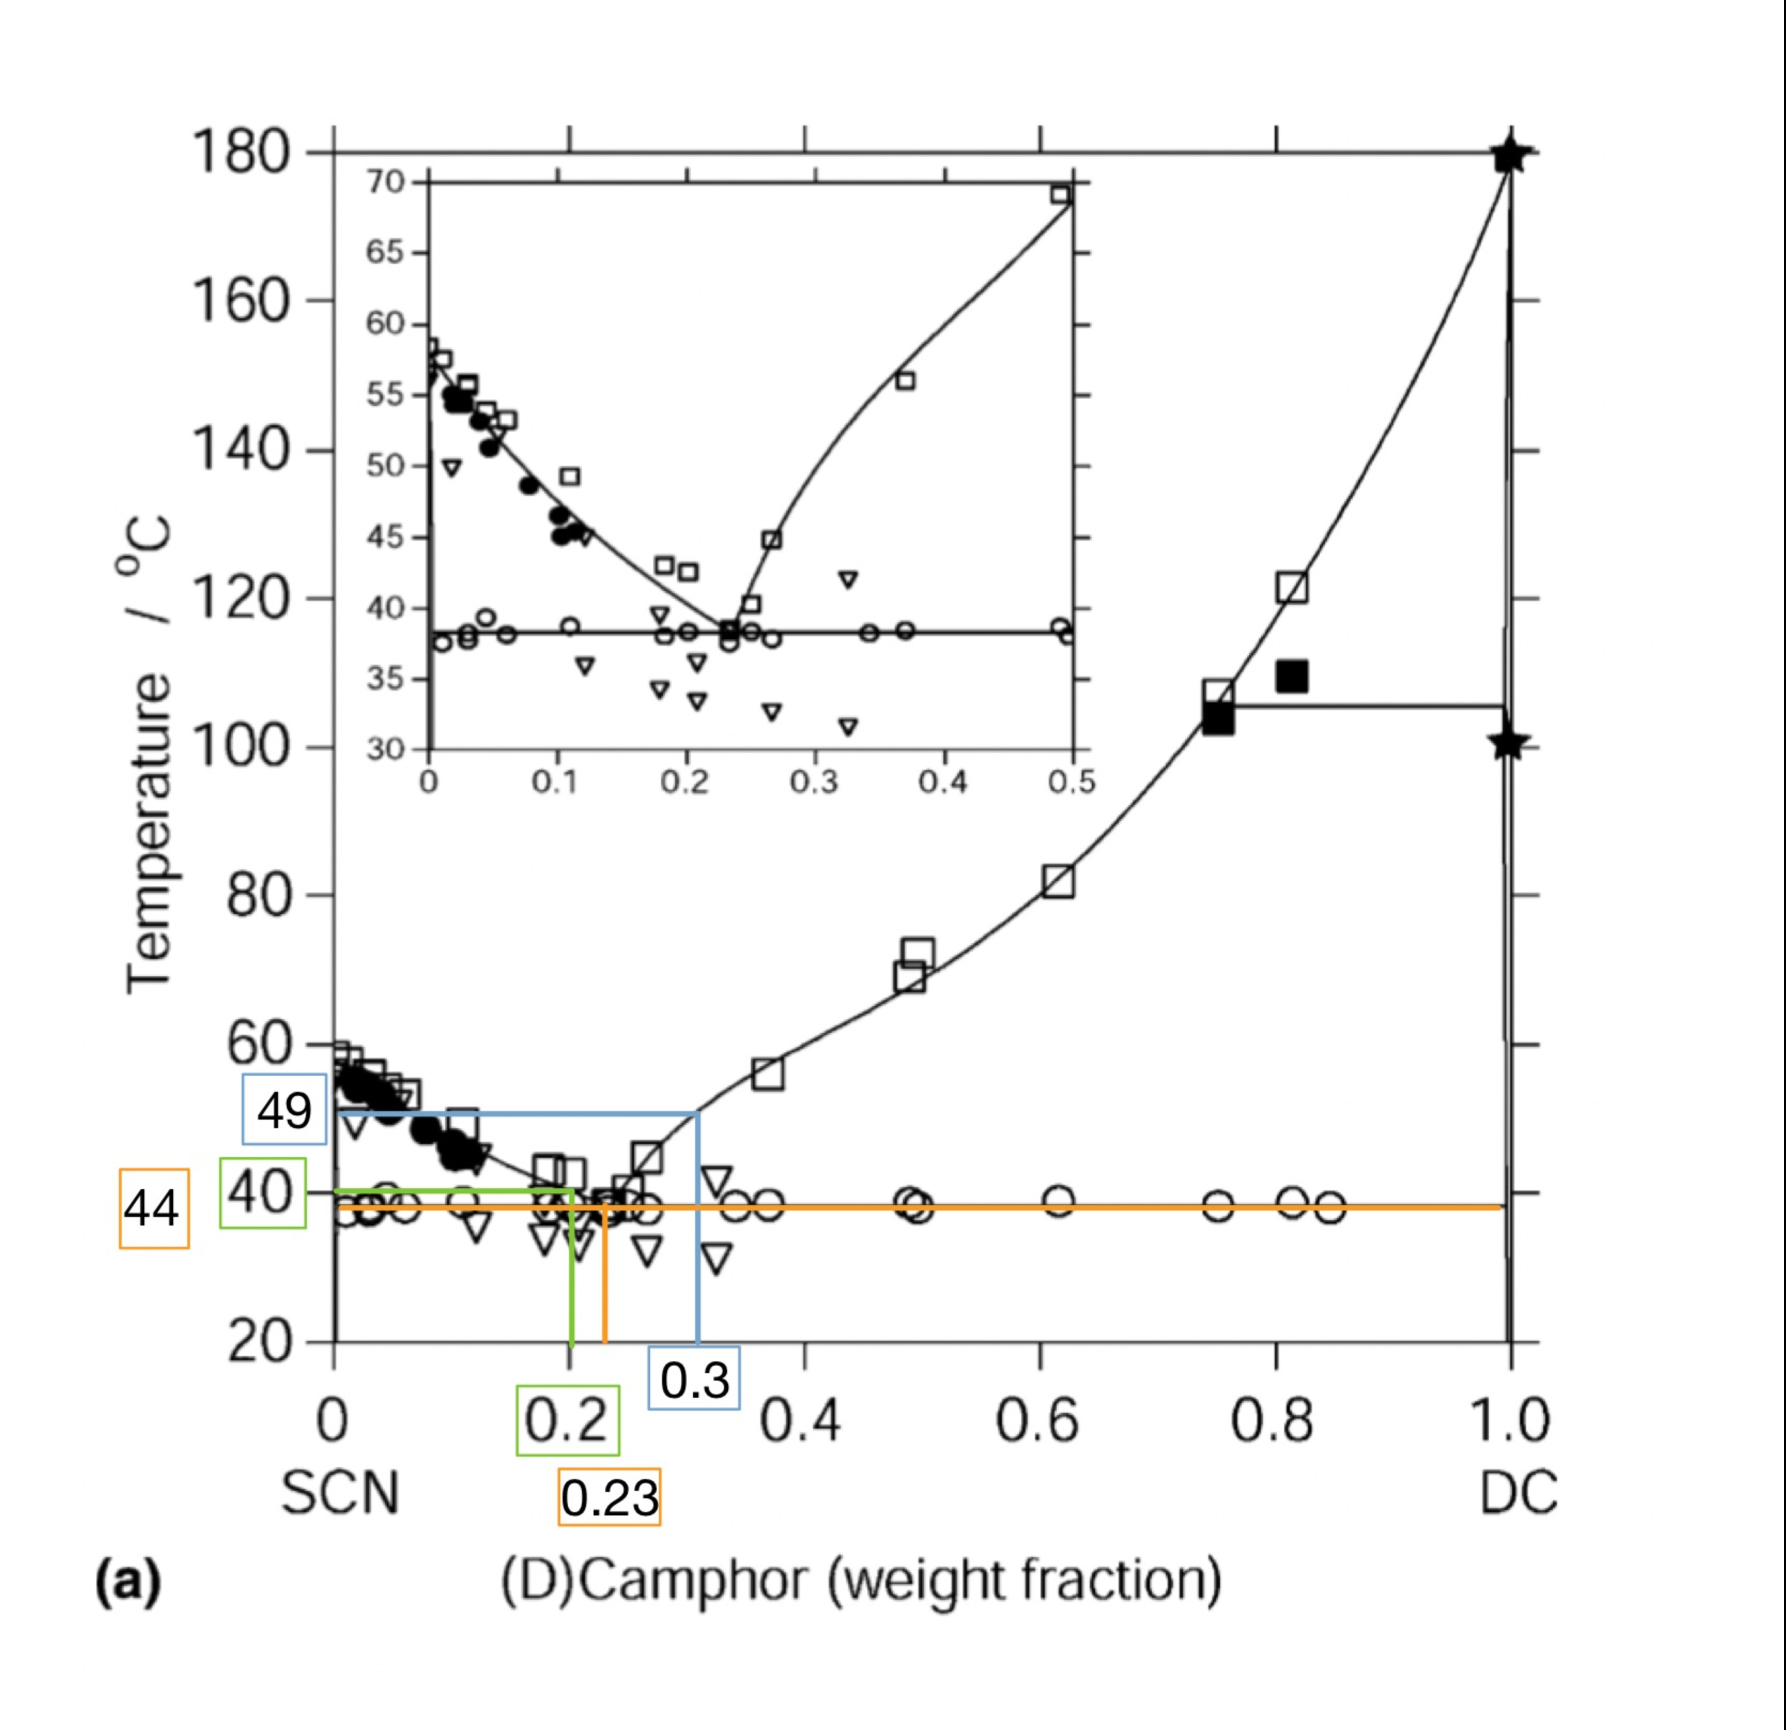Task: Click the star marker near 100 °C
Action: pos(1508,744)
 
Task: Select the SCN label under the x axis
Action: pos(340,1494)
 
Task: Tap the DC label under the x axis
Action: pos(1517,1494)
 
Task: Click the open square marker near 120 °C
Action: pos(1291,588)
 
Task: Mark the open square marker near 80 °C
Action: pos(1058,882)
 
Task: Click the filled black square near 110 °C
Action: pos(1292,676)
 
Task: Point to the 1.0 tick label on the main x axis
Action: pos(1510,1421)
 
